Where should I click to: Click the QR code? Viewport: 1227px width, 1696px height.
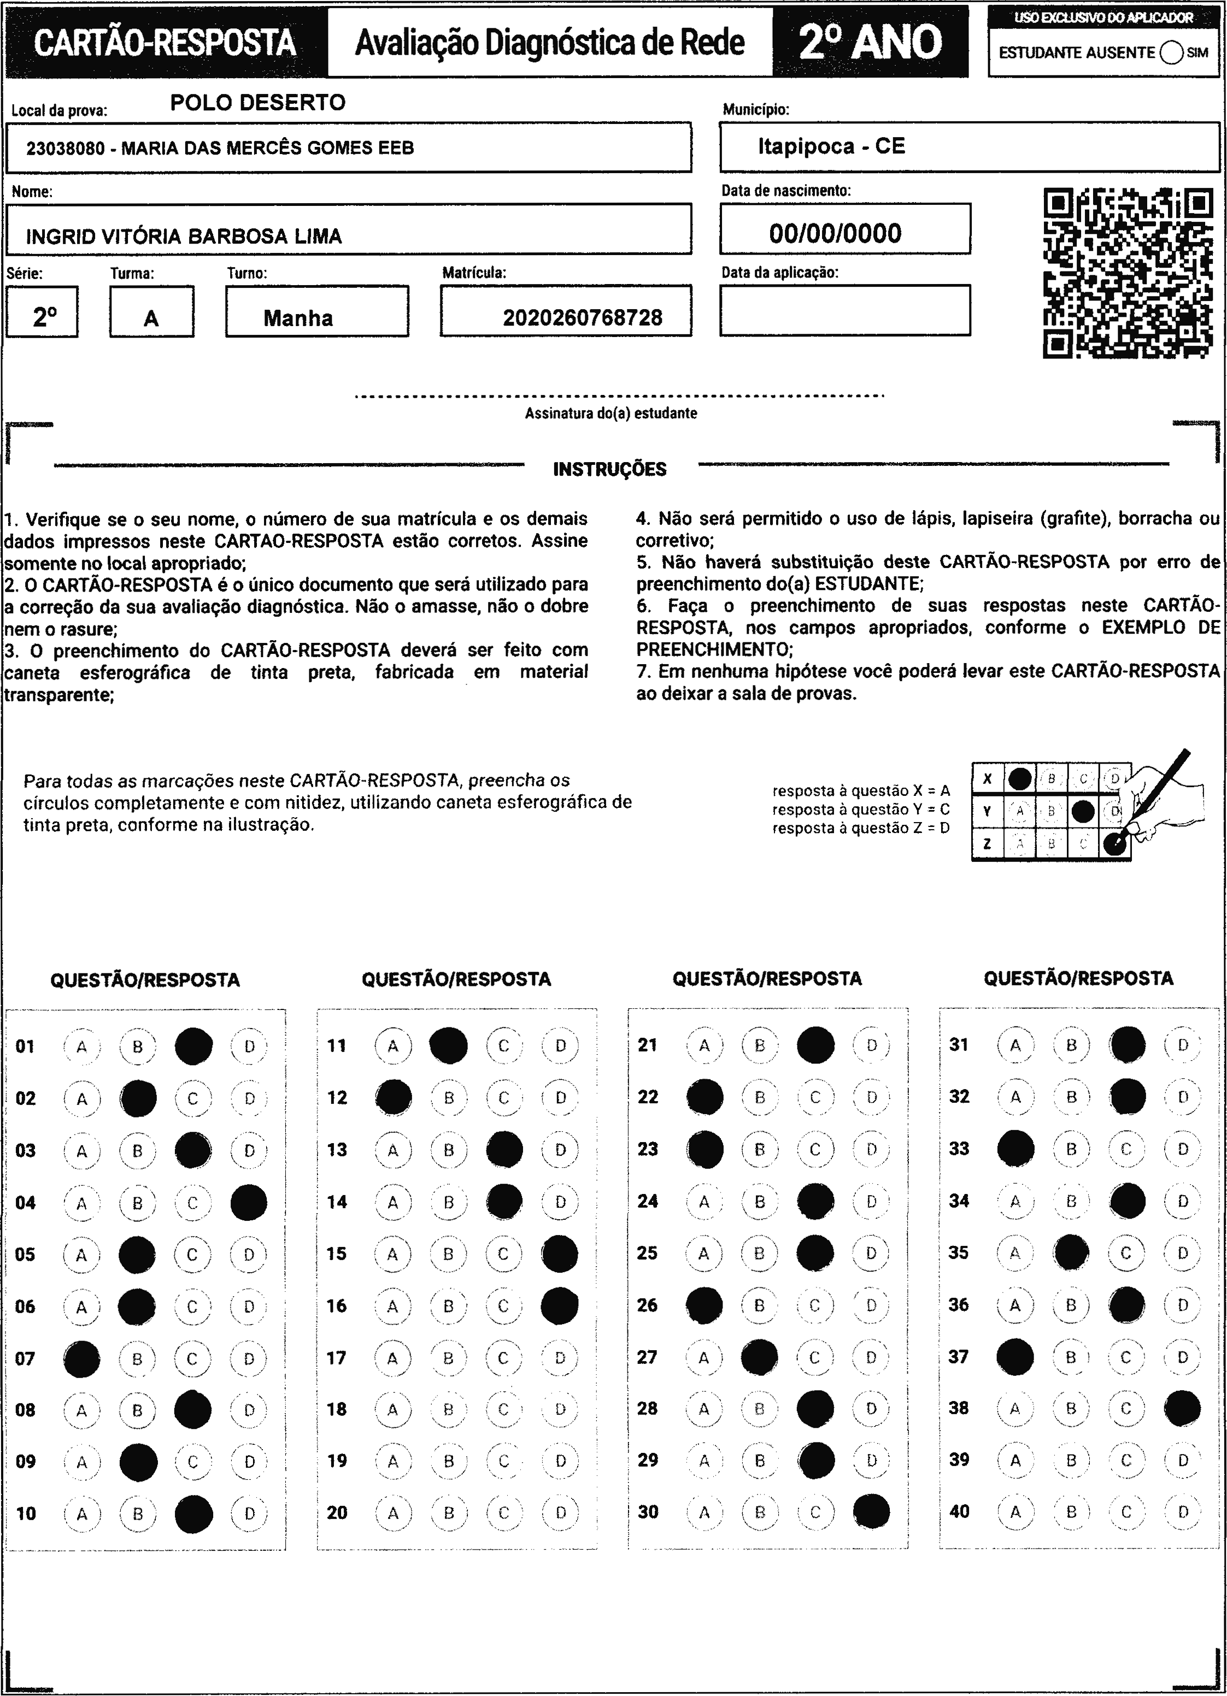coord(1128,274)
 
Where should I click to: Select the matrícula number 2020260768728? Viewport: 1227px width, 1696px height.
coord(582,318)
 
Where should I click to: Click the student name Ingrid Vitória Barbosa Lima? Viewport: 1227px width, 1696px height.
coord(184,237)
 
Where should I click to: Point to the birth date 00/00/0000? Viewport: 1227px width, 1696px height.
coord(835,233)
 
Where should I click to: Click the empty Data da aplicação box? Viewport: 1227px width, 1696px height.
coord(844,310)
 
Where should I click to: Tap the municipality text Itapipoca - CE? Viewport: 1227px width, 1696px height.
coord(831,146)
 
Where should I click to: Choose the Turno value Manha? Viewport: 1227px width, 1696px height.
coord(298,318)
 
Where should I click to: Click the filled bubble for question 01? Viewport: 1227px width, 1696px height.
coord(193,1046)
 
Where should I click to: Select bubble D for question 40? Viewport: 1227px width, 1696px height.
coord(1183,1512)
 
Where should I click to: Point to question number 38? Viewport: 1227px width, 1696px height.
coord(959,1408)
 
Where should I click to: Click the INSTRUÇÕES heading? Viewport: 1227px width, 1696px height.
coord(610,470)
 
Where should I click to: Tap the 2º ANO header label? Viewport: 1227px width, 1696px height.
coord(870,42)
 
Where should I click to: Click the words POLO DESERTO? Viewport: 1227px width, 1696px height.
coord(258,103)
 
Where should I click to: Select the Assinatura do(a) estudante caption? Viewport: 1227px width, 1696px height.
coord(610,413)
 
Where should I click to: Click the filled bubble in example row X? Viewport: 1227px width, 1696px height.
coord(1019,778)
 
